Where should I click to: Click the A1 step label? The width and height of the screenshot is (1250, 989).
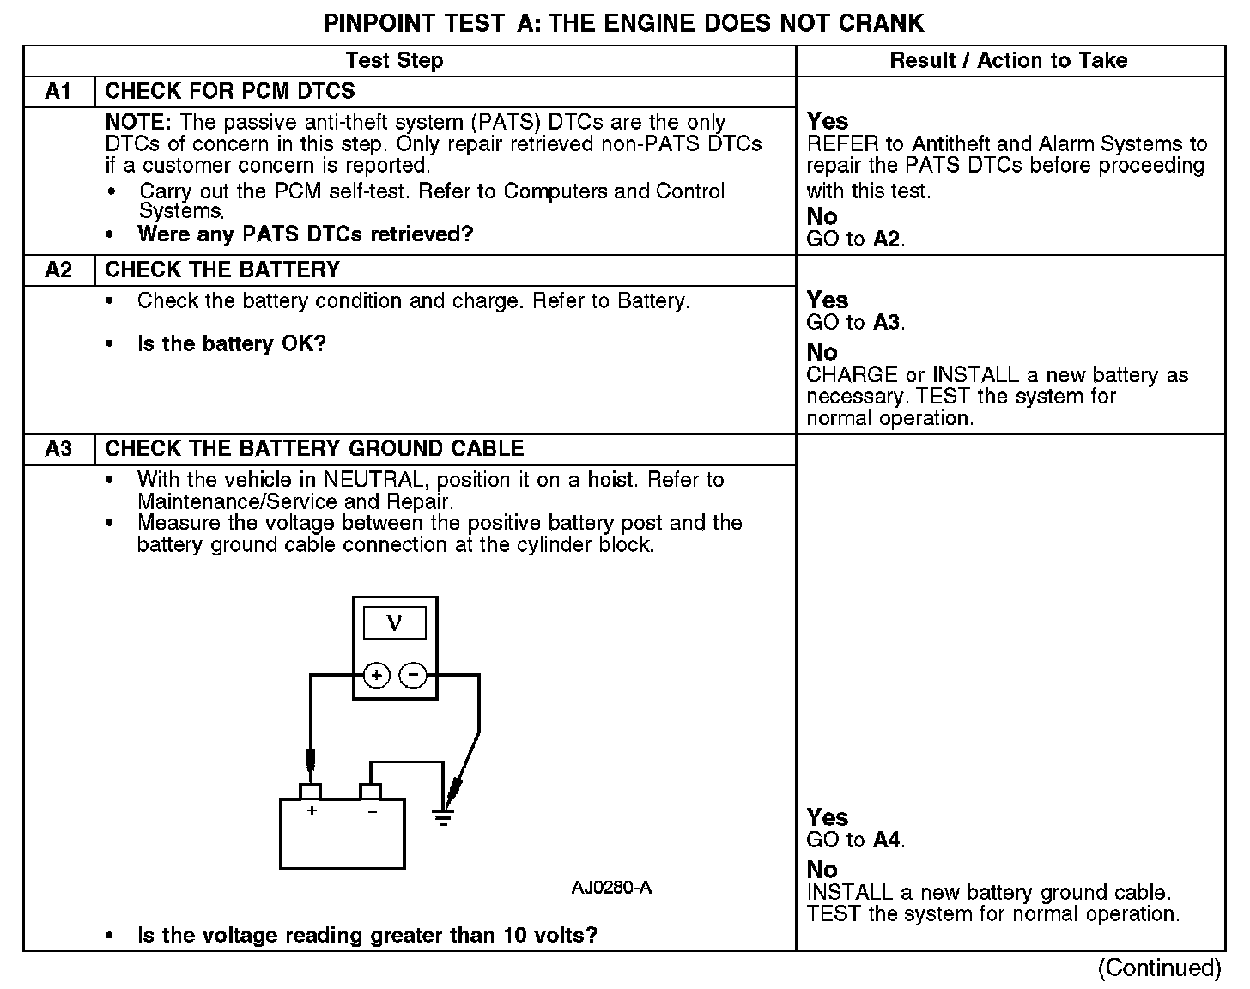pos(58,91)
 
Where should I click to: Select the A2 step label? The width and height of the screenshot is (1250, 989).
pos(58,270)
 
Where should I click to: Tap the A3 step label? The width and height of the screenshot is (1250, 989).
pos(58,448)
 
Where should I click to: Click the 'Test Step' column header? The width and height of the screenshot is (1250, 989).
pos(394,60)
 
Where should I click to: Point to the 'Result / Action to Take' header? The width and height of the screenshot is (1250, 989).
pos(1009,60)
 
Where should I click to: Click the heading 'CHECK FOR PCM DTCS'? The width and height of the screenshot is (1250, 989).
pos(230,91)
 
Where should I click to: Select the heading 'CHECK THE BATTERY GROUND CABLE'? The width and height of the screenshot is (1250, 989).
pos(314,448)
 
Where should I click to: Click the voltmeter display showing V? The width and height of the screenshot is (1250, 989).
pos(395,622)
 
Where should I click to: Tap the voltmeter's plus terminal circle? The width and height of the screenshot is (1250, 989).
pos(376,676)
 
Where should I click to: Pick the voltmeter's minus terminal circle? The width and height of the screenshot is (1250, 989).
pos(414,676)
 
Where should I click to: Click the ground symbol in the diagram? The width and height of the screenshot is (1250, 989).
pos(443,817)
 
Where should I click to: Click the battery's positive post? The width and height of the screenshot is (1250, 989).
pos(310,791)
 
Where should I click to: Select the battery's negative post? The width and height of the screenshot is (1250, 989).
pos(371,791)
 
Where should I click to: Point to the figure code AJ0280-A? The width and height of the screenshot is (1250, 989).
pos(611,888)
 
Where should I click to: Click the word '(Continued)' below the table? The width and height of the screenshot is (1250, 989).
pos(1159,968)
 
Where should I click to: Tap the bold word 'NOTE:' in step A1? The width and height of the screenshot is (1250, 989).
pos(140,123)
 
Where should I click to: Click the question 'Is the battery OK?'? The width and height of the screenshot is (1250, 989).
pos(232,344)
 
